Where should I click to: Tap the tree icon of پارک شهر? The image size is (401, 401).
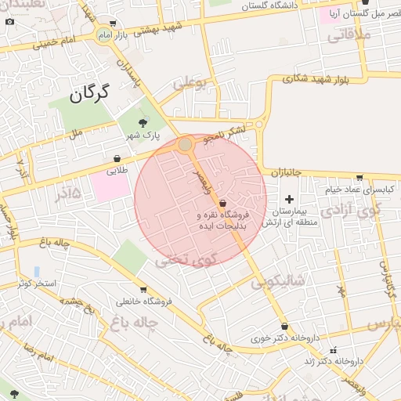142,122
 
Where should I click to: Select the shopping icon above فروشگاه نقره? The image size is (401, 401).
224,203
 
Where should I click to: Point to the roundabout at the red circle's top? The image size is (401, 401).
185,144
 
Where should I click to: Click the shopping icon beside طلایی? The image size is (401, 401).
117,158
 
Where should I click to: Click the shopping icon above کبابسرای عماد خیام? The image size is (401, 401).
359,178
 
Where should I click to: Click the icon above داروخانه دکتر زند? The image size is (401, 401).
334,350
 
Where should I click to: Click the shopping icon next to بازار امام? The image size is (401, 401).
114,24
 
